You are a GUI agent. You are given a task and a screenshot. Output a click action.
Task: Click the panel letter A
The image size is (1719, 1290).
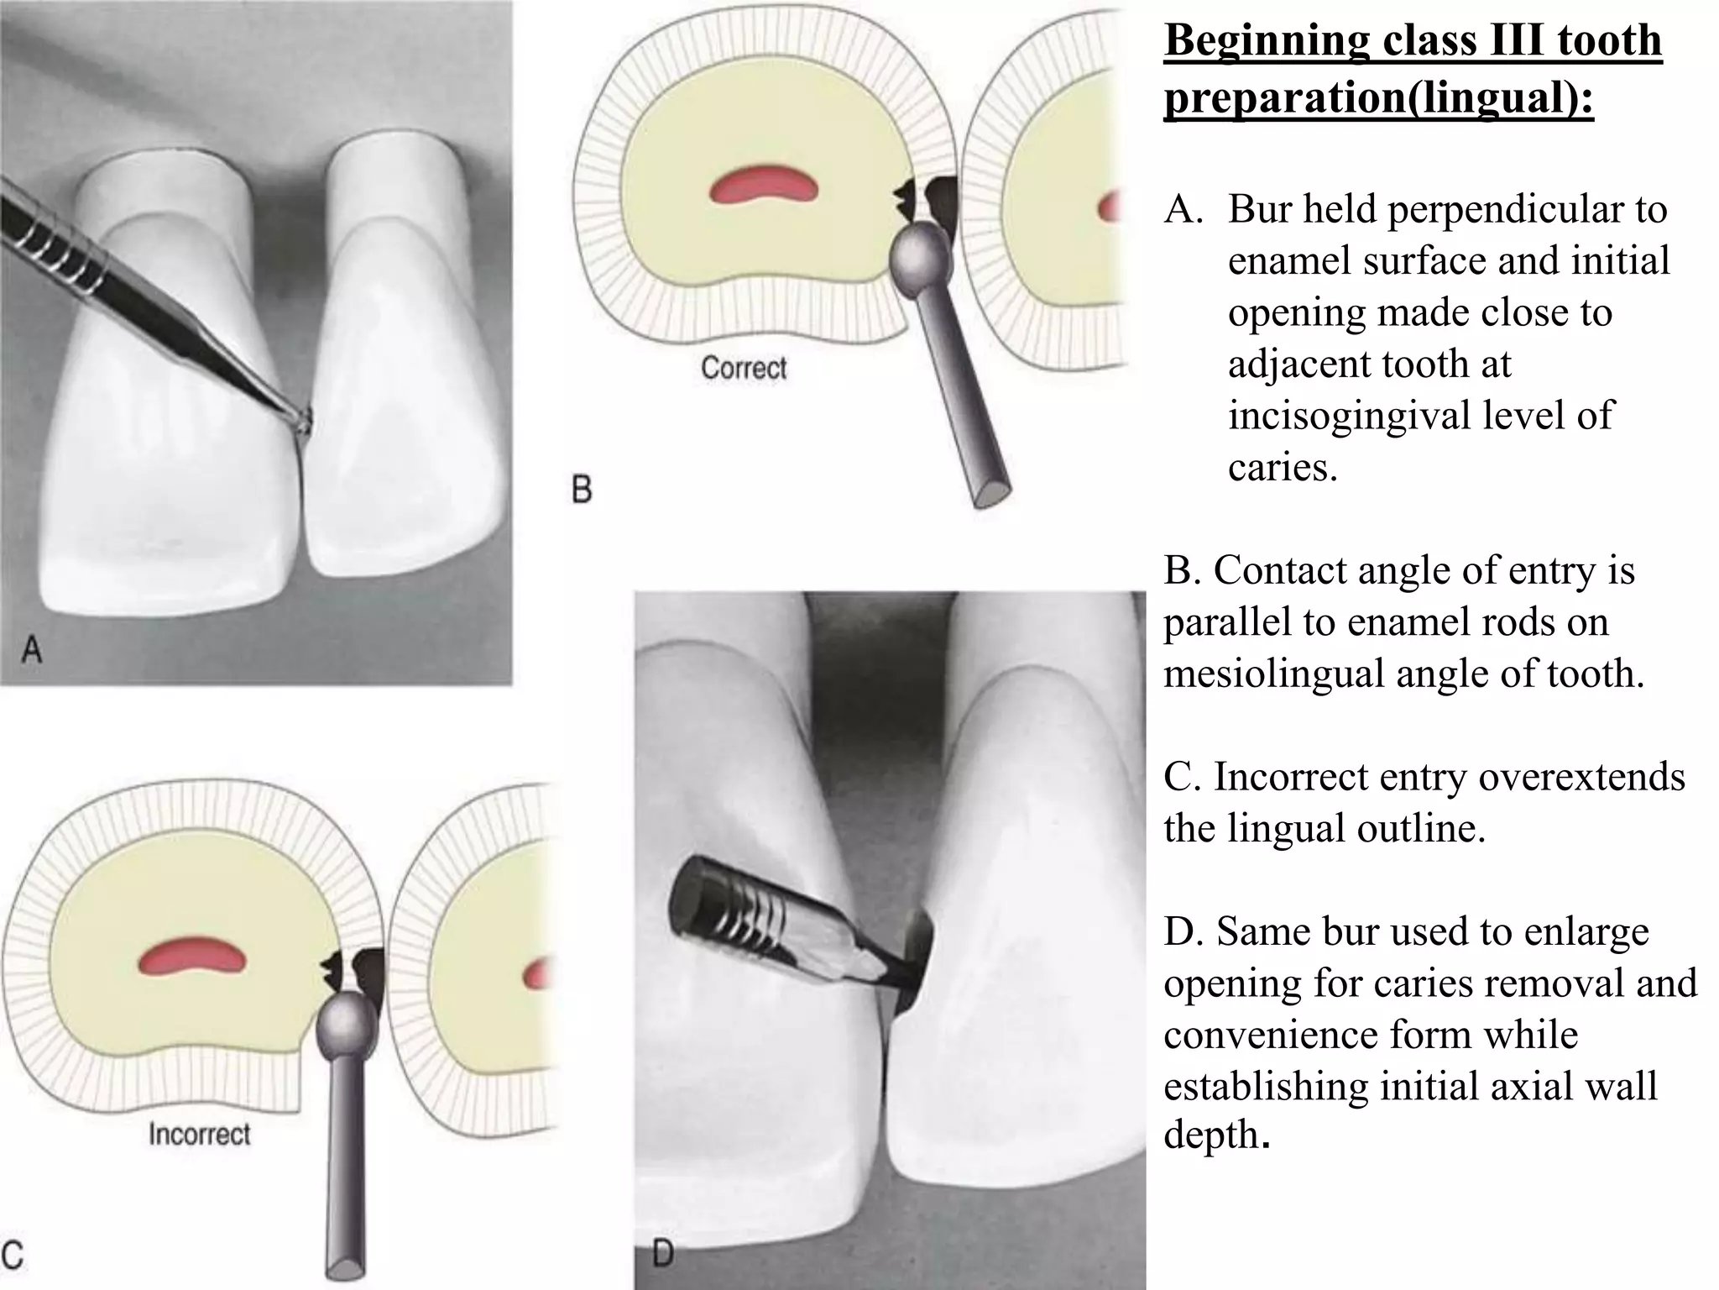31,648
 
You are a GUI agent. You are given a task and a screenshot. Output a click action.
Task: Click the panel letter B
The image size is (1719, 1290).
582,489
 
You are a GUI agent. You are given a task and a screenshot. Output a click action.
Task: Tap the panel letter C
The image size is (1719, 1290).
12,1255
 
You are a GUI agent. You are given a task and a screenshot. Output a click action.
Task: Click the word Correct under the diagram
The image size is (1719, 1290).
744,368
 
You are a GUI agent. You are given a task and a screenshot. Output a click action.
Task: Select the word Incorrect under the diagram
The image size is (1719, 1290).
200,1135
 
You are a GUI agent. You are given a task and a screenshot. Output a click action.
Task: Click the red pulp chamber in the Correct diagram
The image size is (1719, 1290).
763,185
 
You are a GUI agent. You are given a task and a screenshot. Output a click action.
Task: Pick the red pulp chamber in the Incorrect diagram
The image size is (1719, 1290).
192,957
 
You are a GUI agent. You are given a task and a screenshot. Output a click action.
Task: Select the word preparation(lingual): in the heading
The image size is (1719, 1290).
1378,97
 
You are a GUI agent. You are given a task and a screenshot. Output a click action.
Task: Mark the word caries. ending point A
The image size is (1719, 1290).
1282,467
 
